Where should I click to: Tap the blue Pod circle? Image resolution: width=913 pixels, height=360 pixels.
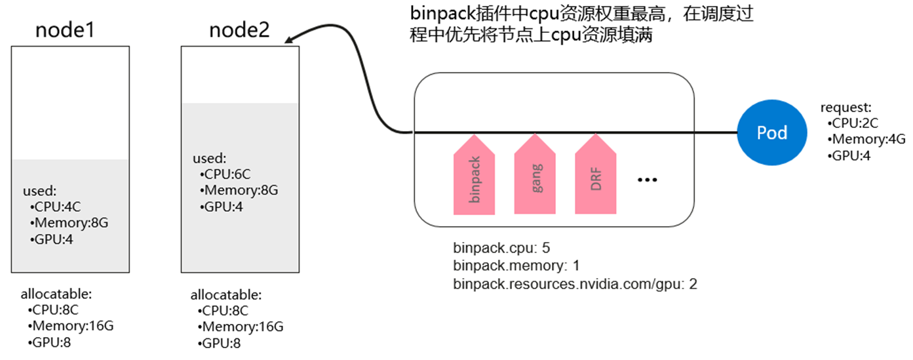771,132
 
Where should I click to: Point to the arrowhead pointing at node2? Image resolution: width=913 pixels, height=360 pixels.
291,40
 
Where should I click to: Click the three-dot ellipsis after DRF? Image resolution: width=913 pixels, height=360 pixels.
647,180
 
